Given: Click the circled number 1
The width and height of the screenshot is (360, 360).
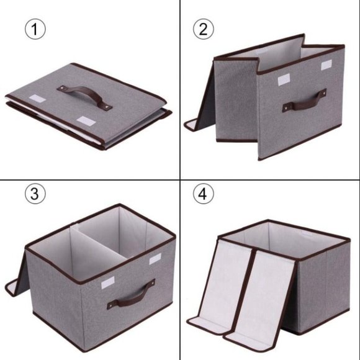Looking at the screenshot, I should click(x=35, y=30).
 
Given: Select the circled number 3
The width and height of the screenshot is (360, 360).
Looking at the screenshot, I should click(x=35, y=194).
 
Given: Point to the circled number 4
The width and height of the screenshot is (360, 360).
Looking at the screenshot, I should click(x=202, y=194).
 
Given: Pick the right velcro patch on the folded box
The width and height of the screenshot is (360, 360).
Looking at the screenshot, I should click(x=84, y=120).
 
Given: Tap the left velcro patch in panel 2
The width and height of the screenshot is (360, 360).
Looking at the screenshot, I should click(x=283, y=79).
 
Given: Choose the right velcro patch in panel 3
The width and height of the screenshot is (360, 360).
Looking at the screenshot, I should click(x=155, y=258).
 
